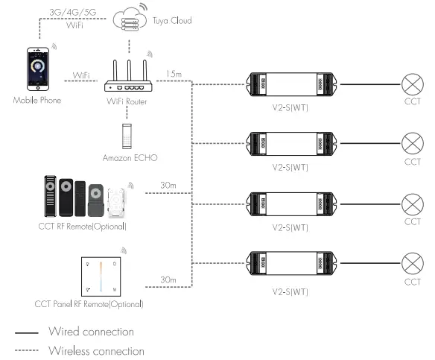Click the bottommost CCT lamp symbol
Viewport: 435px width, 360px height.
(412, 265)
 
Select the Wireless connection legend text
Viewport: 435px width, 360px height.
(95, 350)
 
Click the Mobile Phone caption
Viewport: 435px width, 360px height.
(36, 100)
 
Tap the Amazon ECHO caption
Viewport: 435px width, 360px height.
(128, 159)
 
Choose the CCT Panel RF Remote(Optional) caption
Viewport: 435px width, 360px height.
(89, 303)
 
